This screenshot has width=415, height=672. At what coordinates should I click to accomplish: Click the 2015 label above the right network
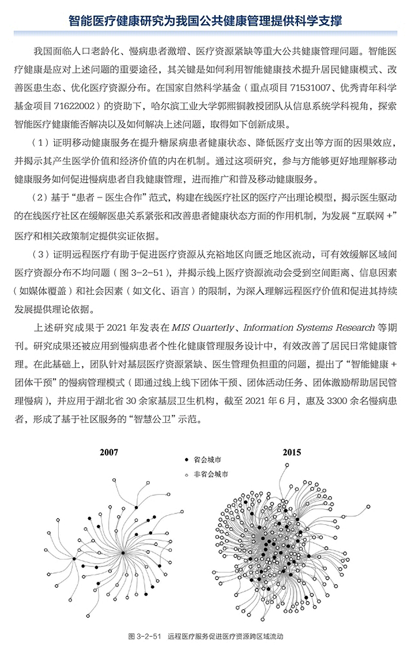coord(292,452)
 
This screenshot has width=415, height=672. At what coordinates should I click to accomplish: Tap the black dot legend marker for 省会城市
coord(186,460)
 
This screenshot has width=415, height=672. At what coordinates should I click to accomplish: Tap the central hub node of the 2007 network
coord(123,553)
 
